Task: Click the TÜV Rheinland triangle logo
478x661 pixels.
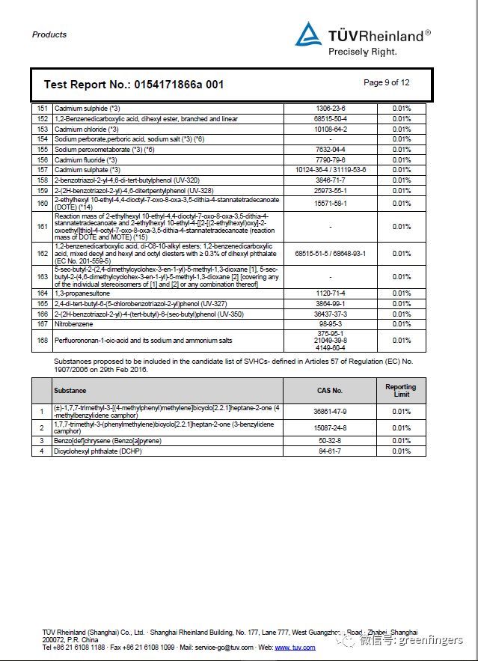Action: click(308, 35)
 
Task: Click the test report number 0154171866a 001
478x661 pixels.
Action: click(133, 85)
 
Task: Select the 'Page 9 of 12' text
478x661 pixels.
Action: click(386, 83)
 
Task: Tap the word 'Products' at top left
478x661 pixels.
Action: click(49, 34)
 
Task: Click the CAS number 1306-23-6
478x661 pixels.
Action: click(331, 109)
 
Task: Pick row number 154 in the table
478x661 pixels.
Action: click(42, 139)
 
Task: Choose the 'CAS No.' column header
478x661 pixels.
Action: click(330, 391)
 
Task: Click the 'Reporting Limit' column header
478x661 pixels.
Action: click(401, 391)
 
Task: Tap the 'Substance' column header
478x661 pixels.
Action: click(70, 391)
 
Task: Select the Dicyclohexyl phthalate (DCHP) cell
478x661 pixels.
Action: click(96, 451)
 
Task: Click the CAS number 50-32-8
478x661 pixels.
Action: click(330, 442)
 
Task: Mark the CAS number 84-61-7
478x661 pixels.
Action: click(330, 451)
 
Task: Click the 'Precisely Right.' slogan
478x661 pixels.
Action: click(362, 52)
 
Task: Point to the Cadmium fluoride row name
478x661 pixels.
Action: click(85, 159)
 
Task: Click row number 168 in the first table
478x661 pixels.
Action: click(42, 341)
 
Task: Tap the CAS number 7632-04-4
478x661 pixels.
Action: click(331, 149)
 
